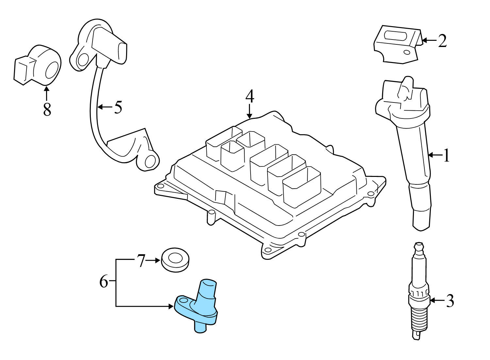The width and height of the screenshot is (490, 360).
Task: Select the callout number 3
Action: click(x=450, y=301)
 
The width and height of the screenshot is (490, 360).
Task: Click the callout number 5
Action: click(x=118, y=107)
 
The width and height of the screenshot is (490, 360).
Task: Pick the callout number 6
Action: click(x=104, y=281)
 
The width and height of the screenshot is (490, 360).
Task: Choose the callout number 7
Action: click(x=140, y=261)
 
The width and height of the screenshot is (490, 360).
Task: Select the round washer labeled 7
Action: click(x=176, y=259)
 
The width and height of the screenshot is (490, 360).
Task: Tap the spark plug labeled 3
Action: click(x=418, y=294)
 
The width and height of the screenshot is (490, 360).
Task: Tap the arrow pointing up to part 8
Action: click(x=46, y=93)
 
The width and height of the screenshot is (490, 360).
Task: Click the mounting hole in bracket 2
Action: click(x=407, y=52)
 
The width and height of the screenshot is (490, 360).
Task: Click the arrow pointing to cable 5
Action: click(x=105, y=107)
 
